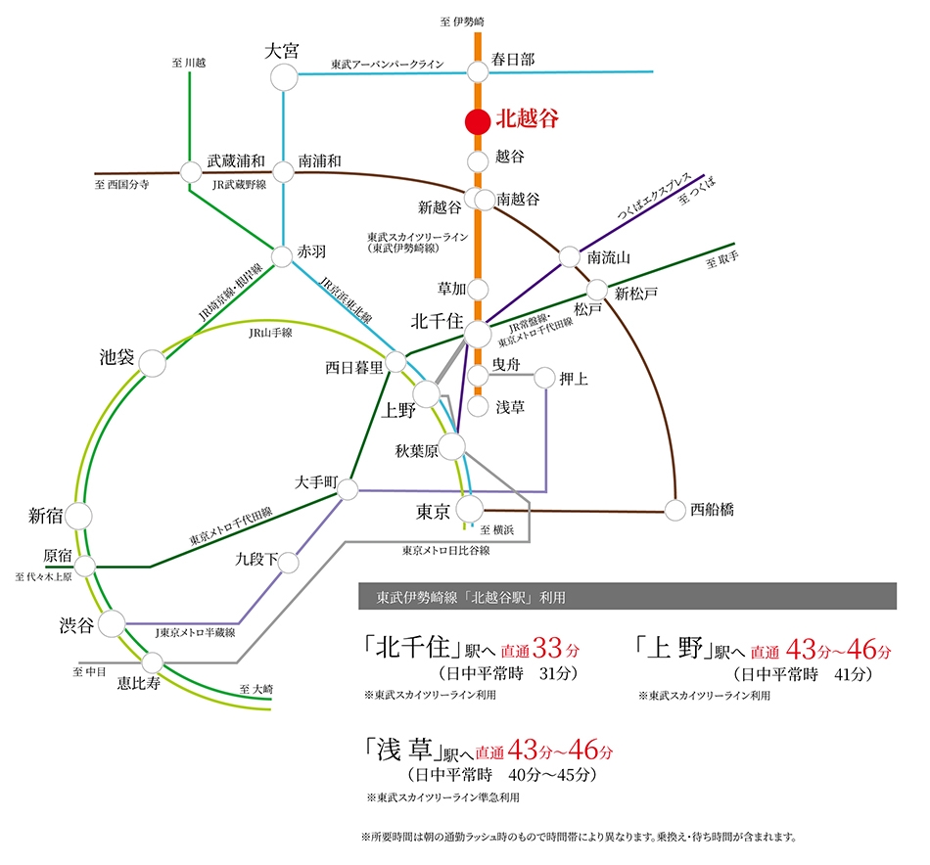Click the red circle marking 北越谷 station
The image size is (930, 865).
coord(478,121)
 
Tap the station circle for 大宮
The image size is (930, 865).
coord(284,77)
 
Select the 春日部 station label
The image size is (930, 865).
coord(512,60)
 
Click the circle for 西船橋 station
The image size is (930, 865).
coord(674,510)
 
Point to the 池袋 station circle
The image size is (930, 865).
coord(153,363)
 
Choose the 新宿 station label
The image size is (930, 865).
coord(45,516)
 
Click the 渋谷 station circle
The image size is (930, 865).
coord(112,623)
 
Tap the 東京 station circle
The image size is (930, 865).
coord(470,509)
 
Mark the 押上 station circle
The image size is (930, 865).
coord(544,378)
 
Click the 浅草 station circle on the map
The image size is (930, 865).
coord(478,406)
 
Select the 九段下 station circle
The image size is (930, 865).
coord(288,563)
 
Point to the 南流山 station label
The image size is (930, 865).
coord(609,258)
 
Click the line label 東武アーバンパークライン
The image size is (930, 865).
coord(388,64)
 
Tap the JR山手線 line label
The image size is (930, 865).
coord(270,334)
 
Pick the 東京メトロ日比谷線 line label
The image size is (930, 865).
coord(446,551)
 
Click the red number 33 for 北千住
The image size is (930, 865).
coord(547,648)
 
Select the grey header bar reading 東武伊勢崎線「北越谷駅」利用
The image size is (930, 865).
coord(628,596)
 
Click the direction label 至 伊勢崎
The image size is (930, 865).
coord(462,22)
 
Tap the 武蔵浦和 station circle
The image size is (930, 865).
coord(190,172)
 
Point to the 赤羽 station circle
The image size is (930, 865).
coord(282,256)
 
